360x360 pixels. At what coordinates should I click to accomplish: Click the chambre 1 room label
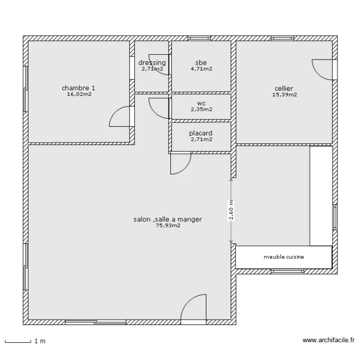79,88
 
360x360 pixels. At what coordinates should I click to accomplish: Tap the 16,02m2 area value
79,94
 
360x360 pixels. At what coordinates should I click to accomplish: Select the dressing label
152,63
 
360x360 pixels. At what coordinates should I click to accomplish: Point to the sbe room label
201,62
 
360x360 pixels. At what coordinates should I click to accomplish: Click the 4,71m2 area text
201,69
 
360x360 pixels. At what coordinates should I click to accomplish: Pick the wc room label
201,104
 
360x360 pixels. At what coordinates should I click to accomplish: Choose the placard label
201,133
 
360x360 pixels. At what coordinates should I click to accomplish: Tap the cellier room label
284,88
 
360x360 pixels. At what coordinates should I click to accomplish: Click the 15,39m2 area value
285,95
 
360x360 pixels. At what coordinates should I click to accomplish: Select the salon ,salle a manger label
168,219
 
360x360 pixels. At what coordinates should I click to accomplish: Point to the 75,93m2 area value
168,226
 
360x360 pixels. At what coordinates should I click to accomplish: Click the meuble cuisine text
284,257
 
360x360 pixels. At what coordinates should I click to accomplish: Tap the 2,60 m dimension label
231,210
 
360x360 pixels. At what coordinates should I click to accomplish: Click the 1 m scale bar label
40,341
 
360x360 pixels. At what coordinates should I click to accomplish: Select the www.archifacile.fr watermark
328,340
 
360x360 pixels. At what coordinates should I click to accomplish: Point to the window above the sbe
199,38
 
